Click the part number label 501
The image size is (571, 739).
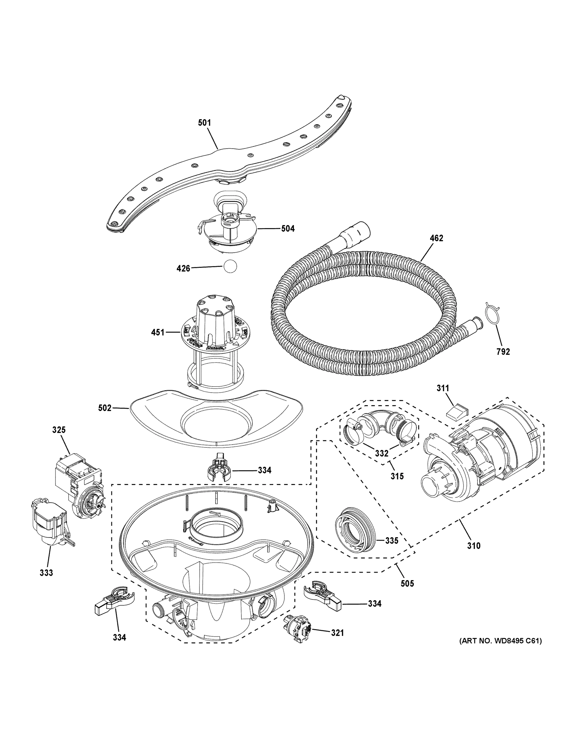click(204, 123)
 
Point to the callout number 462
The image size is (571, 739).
click(436, 238)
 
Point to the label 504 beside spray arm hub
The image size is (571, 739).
click(288, 229)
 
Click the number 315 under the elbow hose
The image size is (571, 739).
click(397, 476)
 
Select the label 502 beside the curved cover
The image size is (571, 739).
click(105, 408)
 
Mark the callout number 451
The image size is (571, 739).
click(158, 333)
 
